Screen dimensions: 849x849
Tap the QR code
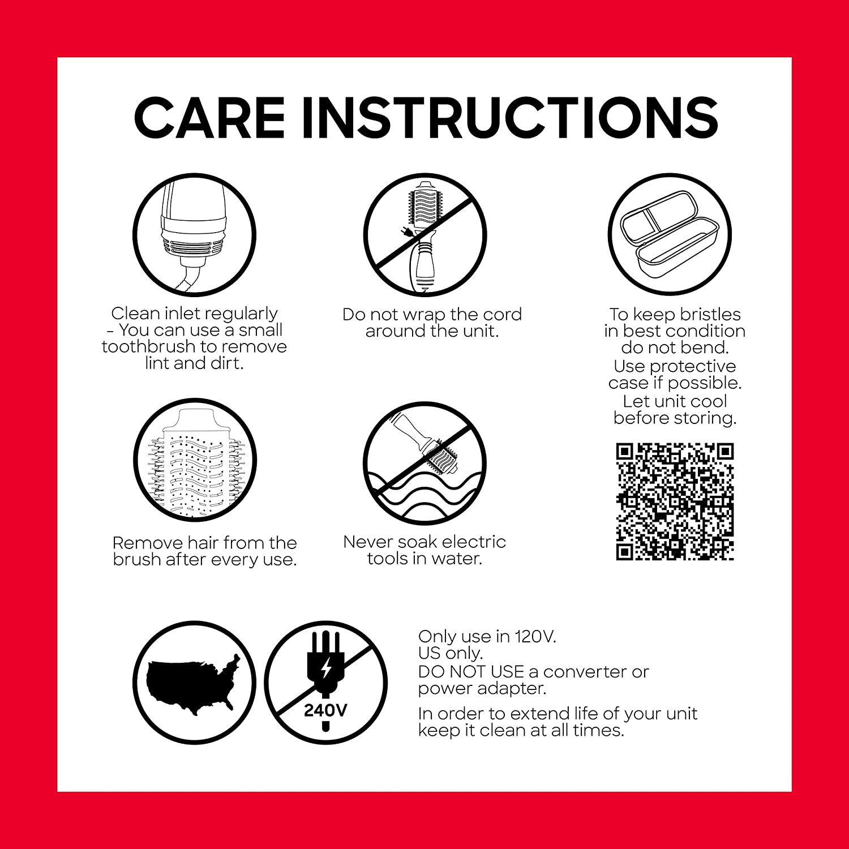click(675, 502)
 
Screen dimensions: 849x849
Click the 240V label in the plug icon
click(325, 710)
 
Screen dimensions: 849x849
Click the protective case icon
click(670, 234)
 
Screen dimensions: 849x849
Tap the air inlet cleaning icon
click(194, 234)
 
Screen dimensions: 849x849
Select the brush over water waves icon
click(424, 463)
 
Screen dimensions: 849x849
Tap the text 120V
click(535, 636)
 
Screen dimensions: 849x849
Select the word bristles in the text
click(710, 314)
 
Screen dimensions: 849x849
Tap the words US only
click(451, 654)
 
